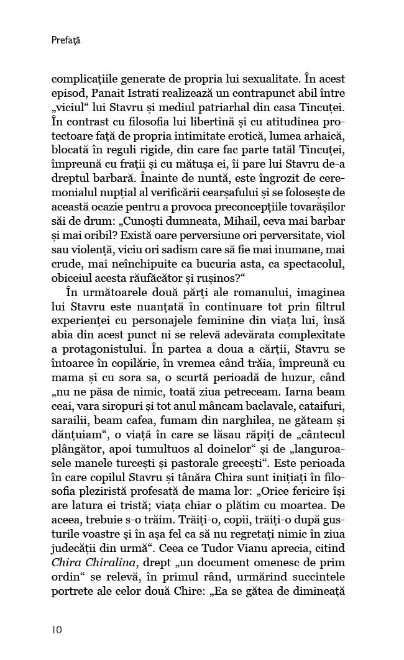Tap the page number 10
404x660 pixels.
tap(57, 630)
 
